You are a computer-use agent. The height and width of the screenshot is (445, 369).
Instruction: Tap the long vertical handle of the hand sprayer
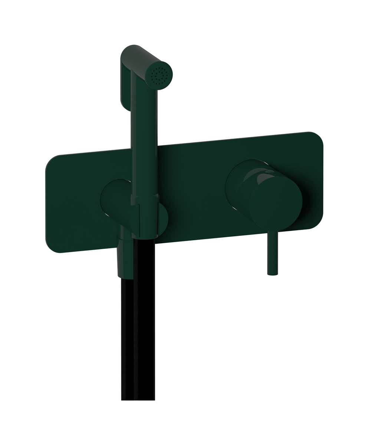[x=144, y=141]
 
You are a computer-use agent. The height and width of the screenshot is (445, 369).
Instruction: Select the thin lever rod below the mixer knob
[x=273, y=252]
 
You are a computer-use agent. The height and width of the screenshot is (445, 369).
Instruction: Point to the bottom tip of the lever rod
[x=273, y=274]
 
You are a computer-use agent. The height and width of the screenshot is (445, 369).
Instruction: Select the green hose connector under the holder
[x=125, y=260]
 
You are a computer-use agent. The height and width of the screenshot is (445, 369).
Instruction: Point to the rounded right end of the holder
[x=164, y=219]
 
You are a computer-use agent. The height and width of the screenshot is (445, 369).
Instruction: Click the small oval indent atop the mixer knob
[x=270, y=171]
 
